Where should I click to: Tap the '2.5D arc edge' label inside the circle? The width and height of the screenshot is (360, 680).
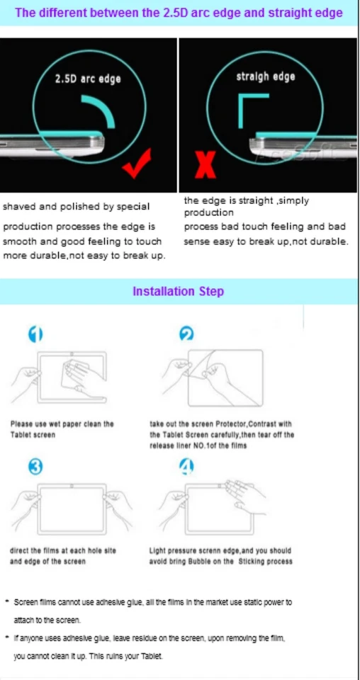point(88,79)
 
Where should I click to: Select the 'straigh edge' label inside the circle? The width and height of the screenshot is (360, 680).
point(266,76)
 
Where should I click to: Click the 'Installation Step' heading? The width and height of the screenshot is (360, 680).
point(178,291)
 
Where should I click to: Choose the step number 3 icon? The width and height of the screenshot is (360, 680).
point(35,465)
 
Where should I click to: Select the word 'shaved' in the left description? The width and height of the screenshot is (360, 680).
point(18,207)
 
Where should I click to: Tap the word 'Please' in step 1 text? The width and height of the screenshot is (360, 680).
point(22,424)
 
